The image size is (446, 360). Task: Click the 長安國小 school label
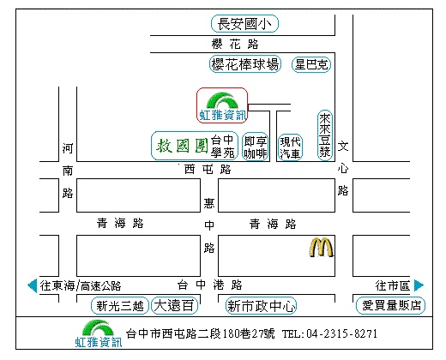(x=244, y=24)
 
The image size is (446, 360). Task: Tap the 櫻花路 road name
(x=235, y=45)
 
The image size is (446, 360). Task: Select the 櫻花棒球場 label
(x=245, y=64)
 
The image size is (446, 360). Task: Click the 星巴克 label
(x=311, y=64)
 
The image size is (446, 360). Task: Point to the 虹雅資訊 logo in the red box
(x=222, y=105)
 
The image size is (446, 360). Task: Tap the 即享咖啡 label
(x=256, y=147)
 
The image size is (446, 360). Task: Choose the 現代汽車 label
(x=290, y=147)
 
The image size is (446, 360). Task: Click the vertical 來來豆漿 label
(x=325, y=135)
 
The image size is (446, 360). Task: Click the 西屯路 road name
(x=208, y=170)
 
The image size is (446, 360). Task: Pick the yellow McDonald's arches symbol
(x=321, y=248)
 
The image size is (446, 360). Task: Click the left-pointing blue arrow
(x=33, y=285)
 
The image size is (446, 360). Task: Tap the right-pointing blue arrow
(x=419, y=285)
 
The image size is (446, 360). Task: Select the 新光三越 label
(x=120, y=306)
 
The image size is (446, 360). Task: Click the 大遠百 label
(x=174, y=306)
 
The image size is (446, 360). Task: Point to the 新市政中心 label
(x=261, y=306)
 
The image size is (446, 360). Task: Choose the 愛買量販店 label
(x=391, y=305)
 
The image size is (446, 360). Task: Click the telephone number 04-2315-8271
(x=342, y=333)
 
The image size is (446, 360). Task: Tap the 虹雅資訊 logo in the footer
(x=99, y=333)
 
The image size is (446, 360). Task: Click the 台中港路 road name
(x=210, y=285)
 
